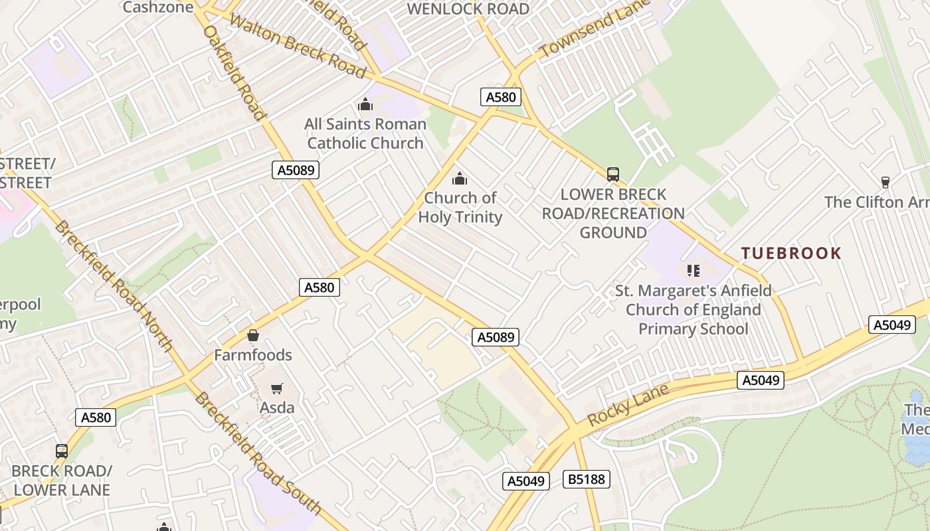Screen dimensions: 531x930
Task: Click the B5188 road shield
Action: coord(587,479)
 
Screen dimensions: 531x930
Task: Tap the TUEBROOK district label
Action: coord(791,253)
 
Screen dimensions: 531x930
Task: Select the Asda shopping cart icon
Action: coord(277,388)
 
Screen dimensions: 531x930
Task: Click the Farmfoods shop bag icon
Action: coord(252,335)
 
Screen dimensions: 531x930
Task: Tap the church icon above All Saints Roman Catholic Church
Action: coord(365,104)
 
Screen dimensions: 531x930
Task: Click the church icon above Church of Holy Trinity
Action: coord(459,179)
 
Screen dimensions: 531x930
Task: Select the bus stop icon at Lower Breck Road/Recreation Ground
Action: coord(612,175)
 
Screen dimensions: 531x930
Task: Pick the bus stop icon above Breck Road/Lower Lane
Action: coord(62,451)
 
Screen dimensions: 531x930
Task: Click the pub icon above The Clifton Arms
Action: coord(885,182)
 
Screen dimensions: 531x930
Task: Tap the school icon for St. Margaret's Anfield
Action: coord(694,270)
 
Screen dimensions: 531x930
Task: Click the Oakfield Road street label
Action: coord(234,73)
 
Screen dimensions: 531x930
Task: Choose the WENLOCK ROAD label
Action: coord(468,9)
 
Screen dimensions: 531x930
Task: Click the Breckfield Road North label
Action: coord(113,285)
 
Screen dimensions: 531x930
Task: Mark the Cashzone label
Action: coord(158,7)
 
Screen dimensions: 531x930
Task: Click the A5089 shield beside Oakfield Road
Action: coord(296,170)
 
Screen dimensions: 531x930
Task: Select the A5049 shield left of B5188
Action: coord(525,481)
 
